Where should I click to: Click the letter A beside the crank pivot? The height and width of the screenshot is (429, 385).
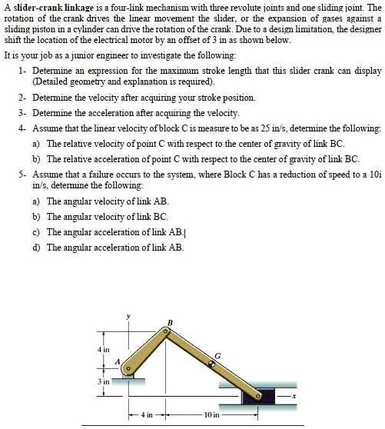point(118,361)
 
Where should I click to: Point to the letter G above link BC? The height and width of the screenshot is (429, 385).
point(217,354)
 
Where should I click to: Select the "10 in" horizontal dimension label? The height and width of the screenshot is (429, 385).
point(212,416)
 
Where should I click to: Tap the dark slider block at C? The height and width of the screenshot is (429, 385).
point(260,397)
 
